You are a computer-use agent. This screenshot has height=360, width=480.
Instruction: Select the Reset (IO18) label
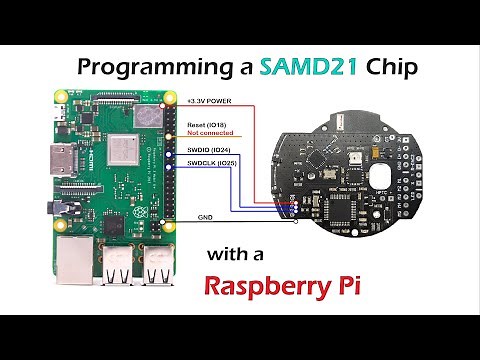pyautogui.click(x=208, y=124)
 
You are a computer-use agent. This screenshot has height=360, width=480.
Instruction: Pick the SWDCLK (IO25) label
pyautogui.click(x=212, y=163)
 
